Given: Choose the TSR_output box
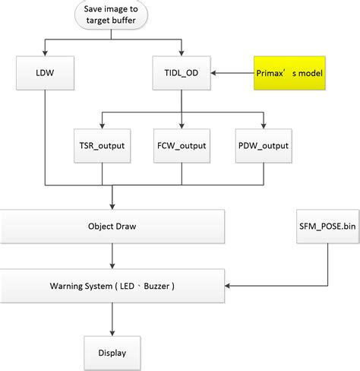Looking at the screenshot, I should [x=103, y=145].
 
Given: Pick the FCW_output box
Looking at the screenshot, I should [x=182, y=145].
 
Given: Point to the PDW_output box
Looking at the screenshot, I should [x=263, y=145].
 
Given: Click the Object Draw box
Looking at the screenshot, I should [x=112, y=227].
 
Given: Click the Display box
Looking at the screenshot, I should [x=112, y=352].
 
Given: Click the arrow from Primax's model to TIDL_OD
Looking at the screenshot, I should [x=232, y=74].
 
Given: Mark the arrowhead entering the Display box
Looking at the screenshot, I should [x=112, y=332].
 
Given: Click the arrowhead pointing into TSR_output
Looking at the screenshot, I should [x=103, y=125].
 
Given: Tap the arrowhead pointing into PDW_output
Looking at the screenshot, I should [x=263, y=125].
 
